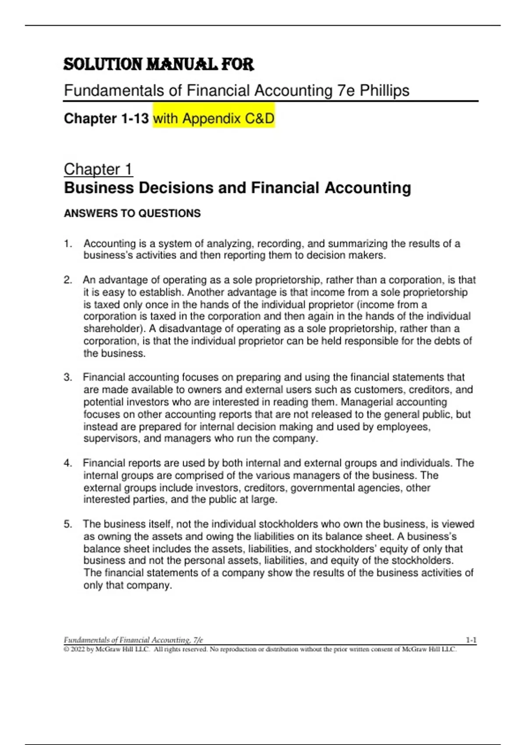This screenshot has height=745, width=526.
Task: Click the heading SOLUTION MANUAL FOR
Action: [159, 65]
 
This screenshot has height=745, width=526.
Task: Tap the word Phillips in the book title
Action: [384, 91]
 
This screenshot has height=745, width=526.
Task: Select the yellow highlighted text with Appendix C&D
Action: [213, 118]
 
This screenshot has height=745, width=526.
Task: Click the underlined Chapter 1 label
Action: [98, 169]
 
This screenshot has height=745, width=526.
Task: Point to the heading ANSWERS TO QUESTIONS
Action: [132, 213]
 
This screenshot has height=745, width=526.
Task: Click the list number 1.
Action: [68, 244]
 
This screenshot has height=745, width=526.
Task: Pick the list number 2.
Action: [68, 280]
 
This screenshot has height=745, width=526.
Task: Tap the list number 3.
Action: [68, 377]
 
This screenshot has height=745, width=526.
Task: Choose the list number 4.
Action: [68, 463]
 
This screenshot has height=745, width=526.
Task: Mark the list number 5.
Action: [68, 524]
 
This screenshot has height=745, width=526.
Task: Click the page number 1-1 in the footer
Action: [471, 640]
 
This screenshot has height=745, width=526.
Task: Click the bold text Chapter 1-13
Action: [107, 118]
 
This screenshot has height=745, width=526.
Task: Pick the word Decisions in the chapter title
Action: [175, 188]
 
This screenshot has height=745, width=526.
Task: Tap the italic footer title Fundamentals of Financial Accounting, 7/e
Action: [134, 640]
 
